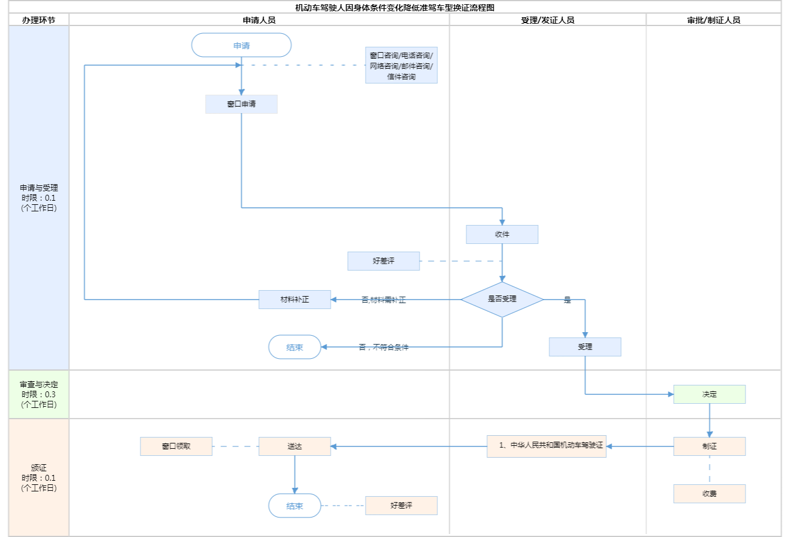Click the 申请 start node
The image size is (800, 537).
241,46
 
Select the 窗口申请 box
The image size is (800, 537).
241,104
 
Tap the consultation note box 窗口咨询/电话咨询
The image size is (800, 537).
401,65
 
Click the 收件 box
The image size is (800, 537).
502,234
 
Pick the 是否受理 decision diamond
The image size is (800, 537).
502,300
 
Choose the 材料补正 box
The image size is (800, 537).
295,300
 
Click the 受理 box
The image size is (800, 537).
585,347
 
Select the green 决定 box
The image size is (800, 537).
709,394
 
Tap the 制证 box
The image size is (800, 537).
709,446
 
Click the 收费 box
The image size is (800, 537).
709,494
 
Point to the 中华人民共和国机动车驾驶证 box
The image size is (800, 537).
546,446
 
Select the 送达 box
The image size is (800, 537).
295,446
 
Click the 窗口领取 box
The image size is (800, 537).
176,446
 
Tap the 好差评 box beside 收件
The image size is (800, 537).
383,261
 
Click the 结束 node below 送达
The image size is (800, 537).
295,506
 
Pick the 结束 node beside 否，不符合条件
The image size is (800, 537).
295,348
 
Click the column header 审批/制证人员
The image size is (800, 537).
713,20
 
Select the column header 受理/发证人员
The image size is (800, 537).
548,20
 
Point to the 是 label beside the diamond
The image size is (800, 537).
567,300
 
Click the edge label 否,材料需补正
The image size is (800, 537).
383,300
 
